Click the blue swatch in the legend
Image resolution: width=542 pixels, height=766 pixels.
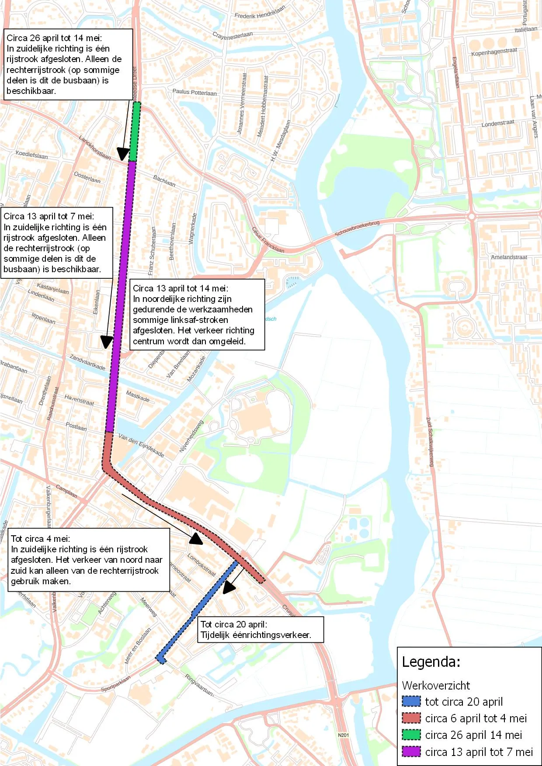411,701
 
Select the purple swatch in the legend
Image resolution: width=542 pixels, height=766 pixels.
411,752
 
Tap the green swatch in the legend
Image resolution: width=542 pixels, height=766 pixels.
411,735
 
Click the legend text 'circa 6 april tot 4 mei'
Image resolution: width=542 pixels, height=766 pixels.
476,718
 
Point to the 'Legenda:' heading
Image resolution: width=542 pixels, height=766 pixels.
431,662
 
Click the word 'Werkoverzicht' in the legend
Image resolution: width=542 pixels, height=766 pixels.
436,685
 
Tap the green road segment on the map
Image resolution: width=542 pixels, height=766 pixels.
135,131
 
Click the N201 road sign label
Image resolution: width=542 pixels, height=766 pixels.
344,735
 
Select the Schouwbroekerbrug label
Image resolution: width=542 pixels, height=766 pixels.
357,228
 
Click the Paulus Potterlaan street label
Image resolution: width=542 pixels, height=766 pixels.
194,92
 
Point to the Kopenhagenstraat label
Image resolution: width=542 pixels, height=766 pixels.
494,52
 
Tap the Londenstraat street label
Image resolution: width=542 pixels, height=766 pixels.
498,123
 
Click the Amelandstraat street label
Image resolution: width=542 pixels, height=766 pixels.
509,257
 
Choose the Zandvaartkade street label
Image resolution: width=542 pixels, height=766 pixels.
87,362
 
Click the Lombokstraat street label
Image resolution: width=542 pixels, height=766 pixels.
202,565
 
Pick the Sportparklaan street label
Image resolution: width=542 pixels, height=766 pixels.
116,683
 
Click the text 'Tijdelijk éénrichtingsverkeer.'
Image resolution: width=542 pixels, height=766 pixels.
256,635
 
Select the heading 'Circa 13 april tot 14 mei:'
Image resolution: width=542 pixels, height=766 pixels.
181,288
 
